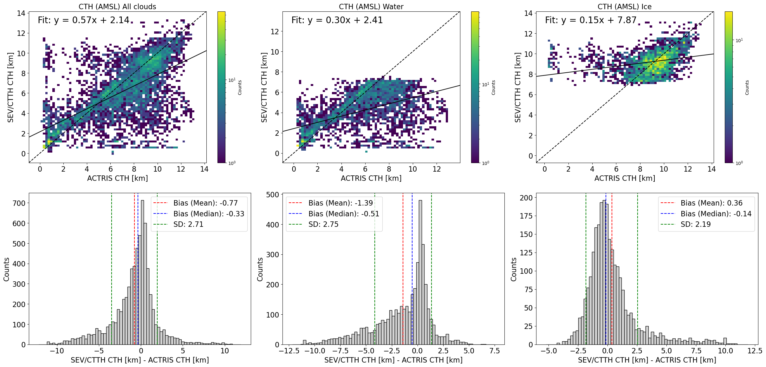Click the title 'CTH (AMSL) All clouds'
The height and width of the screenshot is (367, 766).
click(117, 7)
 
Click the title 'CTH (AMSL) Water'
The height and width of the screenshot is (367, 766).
click(371, 7)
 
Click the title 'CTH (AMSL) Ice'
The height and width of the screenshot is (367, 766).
click(625, 7)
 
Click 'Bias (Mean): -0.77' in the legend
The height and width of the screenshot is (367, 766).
click(205, 203)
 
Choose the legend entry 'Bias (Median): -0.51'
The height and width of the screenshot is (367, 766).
click(344, 214)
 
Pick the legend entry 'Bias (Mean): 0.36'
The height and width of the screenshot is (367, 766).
click(711, 203)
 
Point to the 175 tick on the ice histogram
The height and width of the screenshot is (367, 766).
click(526, 216)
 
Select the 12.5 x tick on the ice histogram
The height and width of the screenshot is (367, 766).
click(755, 351)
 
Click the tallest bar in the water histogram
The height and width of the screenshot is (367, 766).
click(420, 272)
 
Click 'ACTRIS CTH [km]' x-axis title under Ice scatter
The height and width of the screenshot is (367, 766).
click(625, 178)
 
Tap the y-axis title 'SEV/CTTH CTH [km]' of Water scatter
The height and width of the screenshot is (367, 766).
click(264, 87)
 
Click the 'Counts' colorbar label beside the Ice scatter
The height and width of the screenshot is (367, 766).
click(747, 88)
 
